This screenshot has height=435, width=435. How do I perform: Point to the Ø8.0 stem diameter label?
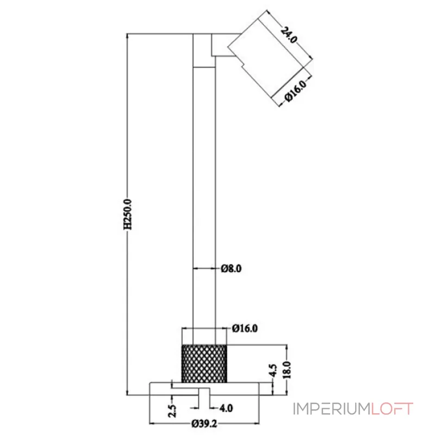click(231, 268)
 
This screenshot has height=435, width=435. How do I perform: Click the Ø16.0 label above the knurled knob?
click(244, 328)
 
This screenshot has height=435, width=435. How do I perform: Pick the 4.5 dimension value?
click(274, 371)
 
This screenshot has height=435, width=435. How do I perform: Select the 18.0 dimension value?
click(290, 370)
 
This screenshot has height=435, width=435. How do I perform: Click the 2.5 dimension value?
click(172, 409)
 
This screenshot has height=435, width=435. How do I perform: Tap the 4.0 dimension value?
click(226, 407)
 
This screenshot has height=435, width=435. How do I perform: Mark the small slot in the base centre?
click(204, 392)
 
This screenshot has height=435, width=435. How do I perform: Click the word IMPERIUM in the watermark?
click(332, 409)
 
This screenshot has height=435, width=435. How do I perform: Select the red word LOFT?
click(393, 409)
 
